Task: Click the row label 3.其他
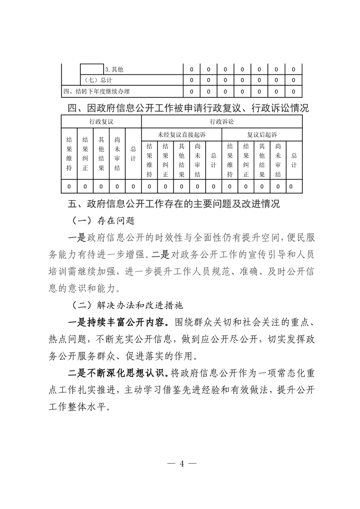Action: pyautogui.click(x=114, y=70)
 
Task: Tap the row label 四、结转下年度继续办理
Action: pyautogui.click(x=93, y=91)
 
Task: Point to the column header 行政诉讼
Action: pyautogui.click(x=222, y=122)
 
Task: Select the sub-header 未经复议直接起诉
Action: pyautogui.click(x=182, y=135)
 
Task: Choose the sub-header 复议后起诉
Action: pyautogui.click(x=262, y=135)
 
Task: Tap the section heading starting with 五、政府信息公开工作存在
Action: pyautogui.click(x=174, y=204)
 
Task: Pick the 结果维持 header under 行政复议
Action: pyautogui.click(x=69, y=154)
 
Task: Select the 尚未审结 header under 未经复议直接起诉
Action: pyautogui.click(x=197, y=160)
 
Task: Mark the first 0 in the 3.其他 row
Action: pyautogui.click(x=192, y=70)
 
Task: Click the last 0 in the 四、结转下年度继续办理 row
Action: pyautogui.click(x=293, y=91)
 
